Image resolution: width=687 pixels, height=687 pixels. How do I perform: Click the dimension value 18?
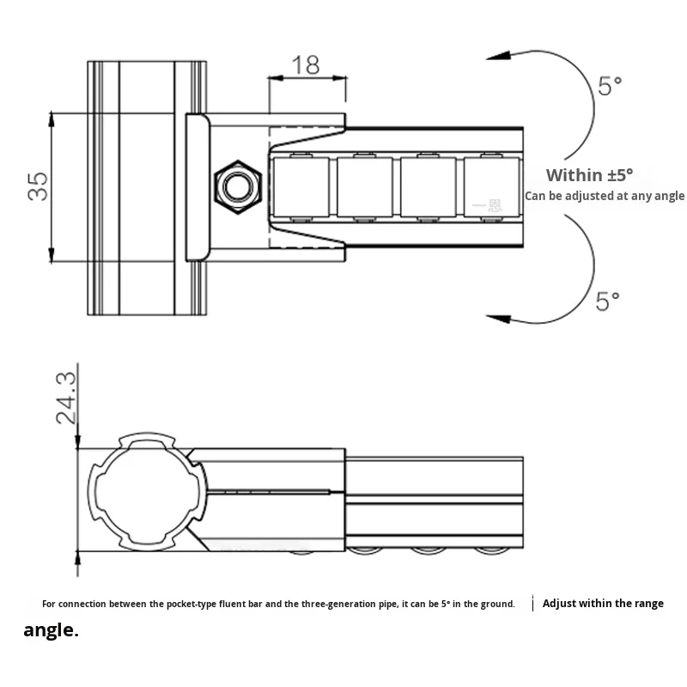(306, 65)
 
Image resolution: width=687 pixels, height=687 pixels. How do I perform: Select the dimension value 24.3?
(66, 398)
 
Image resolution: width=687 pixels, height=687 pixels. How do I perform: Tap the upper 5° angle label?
(609, 86)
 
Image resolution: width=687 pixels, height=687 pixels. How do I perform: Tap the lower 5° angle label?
(608, 301)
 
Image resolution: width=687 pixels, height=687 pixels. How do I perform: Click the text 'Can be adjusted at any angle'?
(605, 196)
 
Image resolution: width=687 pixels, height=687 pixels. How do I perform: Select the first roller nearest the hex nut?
(301, 186)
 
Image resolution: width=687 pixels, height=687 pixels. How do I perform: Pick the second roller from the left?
(364, 186)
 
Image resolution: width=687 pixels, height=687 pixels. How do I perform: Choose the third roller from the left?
(429, 186)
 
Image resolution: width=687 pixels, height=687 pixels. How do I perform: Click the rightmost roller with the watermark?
(492, 186)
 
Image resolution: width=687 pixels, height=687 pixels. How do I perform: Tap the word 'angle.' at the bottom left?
(51, 630)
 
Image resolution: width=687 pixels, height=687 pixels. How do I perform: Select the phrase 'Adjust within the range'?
(603, 604)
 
